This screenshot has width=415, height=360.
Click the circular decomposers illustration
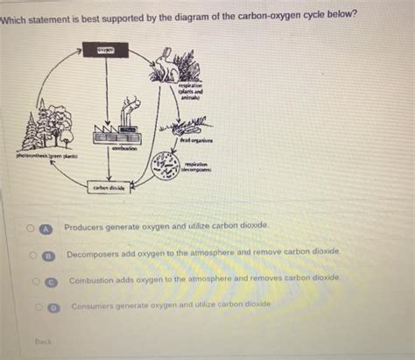(165, 164)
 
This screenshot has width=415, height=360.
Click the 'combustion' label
(123, 150)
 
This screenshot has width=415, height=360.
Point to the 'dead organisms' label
(199, 140)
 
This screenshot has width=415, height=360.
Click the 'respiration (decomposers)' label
(198, 166)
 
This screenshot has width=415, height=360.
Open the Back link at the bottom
(43, 341)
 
